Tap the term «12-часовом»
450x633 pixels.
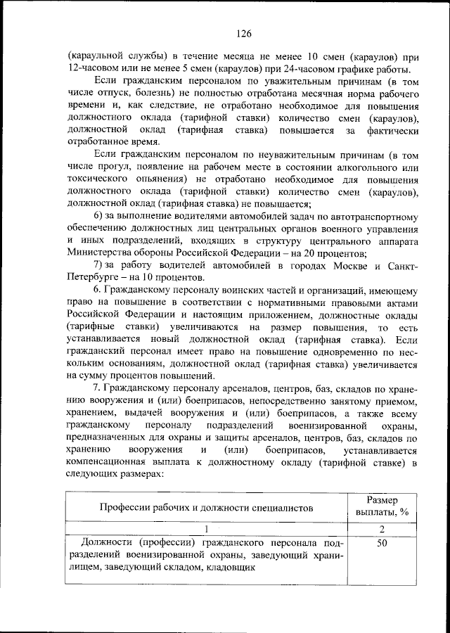point(95,68)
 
